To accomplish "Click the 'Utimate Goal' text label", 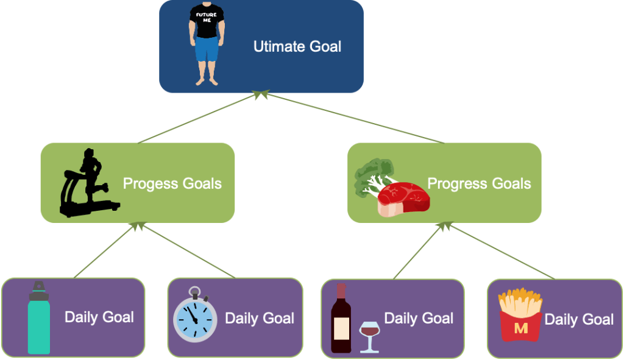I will (x=297, y=46).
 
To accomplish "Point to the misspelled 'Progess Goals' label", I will (x=172, y=183).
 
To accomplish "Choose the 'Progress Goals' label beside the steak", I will (x=479, y=183).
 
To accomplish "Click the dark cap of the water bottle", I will (x=39, y=286).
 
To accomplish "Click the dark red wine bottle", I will (x=341, y=320).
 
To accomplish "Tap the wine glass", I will (x=369, y=334).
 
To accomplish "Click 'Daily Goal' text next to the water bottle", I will (x=99, y=317).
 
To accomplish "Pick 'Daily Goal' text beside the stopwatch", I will (x=260, y=318).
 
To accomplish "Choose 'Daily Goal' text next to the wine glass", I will (x=419, y=318).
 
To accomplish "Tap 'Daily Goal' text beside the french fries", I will (x=579, y=319).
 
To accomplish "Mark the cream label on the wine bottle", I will (x=341, y=328).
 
